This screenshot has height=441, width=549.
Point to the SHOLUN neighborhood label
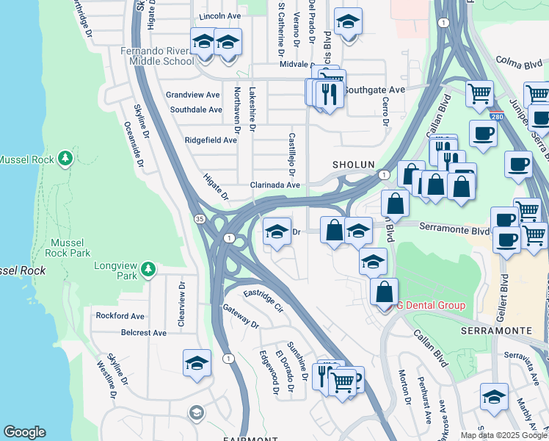(x=354, y=165)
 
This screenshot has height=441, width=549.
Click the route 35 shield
(x=200, y=219)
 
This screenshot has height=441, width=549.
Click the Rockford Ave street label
(x=120, y=315)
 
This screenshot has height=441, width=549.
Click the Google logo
(x=24, y=432)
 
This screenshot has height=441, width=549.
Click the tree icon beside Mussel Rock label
(x=65, y=158)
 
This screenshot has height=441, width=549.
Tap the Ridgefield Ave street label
(x=211, y=140)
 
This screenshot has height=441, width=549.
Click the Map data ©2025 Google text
(x=504, y=435)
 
